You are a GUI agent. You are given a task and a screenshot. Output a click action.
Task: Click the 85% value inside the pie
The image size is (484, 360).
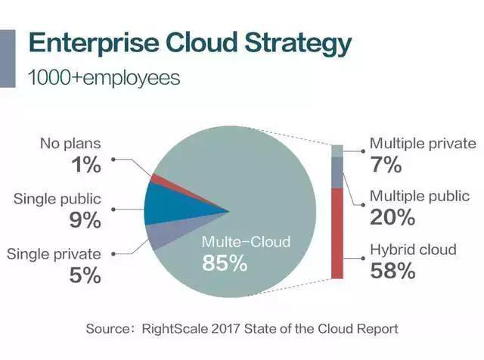[x=225, y=263]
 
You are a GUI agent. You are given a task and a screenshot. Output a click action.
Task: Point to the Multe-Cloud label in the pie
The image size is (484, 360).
[x=246, y=242]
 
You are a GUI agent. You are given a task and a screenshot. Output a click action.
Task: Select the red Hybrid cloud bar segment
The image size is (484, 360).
[x=337, y=234]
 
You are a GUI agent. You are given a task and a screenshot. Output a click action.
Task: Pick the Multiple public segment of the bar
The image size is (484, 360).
[x=337, y=172]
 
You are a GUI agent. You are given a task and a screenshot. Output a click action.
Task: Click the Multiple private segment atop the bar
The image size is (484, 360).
[x=337, y=151]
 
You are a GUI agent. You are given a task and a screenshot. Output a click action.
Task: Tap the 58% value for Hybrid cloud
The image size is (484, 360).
[x=392, y=271]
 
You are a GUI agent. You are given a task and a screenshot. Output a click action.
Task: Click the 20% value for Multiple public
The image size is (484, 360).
[x=392, y=217]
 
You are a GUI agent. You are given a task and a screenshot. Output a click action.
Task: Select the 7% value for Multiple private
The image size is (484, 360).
[x=386, y=164]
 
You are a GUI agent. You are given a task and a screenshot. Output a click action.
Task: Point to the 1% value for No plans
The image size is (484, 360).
[x=86, y=165]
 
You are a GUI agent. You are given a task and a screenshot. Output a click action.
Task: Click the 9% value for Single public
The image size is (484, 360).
[x=85, y=220]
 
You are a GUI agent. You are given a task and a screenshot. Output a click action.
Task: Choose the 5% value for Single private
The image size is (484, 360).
[x=85, y=275]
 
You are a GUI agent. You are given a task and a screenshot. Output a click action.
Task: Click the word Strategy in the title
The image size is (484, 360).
[x=298, y=44]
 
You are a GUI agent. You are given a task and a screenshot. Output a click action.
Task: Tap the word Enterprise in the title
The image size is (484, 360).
[x=94, y=42]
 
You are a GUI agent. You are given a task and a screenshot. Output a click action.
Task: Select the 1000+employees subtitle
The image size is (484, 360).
[x=104, y=78]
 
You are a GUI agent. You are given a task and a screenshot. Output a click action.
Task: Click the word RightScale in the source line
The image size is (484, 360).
[x=175, y=328]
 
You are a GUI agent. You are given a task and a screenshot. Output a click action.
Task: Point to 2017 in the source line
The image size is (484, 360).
[x=225, y=328]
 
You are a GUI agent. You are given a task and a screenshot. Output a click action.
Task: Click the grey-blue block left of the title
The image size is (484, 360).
[x=8, y=58]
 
